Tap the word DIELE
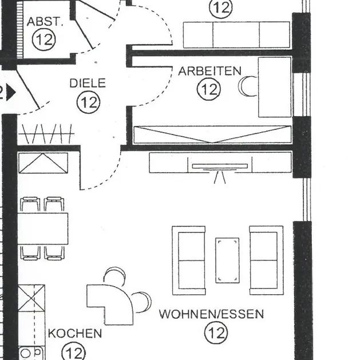coord(88,84)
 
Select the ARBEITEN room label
coord(209,71)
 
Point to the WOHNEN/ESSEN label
coord(211,314)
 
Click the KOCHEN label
coord(75,333)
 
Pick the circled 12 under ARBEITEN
coord(209,89)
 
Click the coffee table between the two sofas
coord(227,260)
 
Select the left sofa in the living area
coord(188,260)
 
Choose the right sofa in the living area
coord(266,260)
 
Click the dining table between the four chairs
coord(43,228)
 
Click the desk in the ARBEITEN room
coord(275,86)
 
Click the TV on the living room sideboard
coord(220,167)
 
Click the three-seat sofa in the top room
coord(236,34)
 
